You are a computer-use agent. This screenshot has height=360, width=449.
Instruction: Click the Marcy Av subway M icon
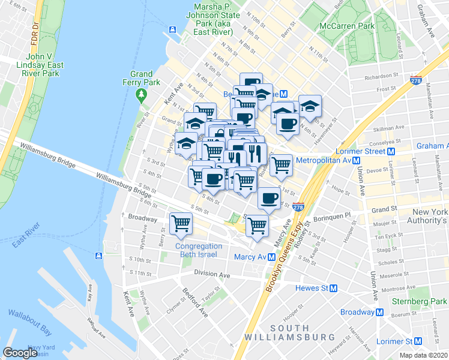click(x=272, y=257)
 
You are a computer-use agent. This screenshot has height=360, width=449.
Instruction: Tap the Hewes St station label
click(x=311, y=288)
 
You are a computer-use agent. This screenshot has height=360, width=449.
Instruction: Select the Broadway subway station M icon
click(x=380, y=312)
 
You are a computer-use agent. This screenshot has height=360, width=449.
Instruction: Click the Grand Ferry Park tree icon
click(x=142, y=94)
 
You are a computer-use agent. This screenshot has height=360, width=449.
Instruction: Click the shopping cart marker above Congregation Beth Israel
click(x=181, y=223)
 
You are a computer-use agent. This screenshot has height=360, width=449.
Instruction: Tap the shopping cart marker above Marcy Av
click(x=257, y=226)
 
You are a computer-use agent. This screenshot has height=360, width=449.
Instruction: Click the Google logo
click(x=20, y=353)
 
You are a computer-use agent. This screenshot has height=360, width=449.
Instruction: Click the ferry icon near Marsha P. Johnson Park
click(x=172, y=29)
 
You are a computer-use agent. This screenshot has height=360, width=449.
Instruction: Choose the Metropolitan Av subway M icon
click(x=357, y=161)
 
